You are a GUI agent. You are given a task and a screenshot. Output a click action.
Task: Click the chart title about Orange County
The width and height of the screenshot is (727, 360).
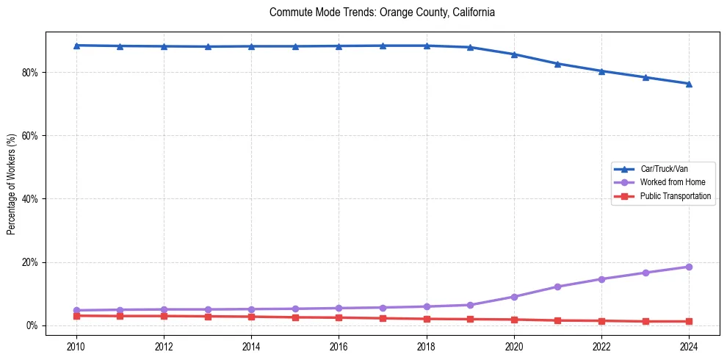382,12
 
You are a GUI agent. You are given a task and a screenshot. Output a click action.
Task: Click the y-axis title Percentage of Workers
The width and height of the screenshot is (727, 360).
11,184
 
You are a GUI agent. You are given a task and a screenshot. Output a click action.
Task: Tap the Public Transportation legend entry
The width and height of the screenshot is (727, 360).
675,196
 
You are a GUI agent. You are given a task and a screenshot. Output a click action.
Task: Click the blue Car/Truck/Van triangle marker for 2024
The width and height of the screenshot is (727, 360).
689,84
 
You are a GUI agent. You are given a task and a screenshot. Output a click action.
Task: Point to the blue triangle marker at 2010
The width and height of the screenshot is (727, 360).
76,46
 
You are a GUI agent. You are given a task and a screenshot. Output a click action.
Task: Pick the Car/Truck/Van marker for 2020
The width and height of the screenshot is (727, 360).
514,54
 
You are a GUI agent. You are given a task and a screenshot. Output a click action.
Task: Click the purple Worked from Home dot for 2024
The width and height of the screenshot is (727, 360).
689,267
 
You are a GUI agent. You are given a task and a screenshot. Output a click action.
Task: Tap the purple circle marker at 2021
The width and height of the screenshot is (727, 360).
557,287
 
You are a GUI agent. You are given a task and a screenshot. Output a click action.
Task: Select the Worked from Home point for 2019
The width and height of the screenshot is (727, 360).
470,305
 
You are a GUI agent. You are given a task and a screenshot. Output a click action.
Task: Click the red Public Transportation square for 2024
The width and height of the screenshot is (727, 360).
689,321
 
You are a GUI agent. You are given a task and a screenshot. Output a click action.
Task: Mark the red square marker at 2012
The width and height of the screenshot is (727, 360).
164,316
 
